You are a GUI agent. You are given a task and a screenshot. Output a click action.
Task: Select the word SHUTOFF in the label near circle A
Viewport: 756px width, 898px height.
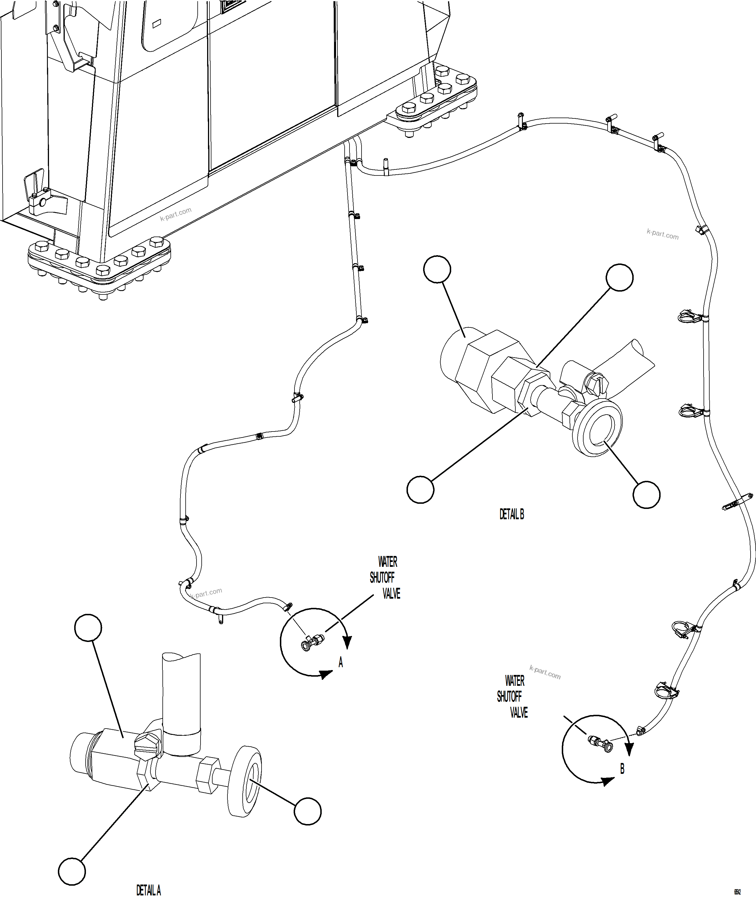pyautogui.click(x=382, y=578)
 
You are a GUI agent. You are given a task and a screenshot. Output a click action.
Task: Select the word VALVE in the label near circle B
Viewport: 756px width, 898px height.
pyautogui.click(x=519, y=713)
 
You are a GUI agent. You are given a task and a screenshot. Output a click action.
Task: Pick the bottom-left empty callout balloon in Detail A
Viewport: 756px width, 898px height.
pyautogui.click(x=72, y=871)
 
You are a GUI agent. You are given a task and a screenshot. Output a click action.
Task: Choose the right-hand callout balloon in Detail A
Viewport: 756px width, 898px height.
pyautogui.click(x=308, y=811)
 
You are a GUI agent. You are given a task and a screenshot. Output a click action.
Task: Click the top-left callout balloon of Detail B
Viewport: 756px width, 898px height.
pyautogui.click(x=437, y=269)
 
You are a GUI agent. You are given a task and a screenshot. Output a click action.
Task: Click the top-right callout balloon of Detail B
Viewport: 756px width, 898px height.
pyautogui.click(x=619, y=278)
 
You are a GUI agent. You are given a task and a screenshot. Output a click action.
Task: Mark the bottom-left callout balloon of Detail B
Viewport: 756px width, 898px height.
pyautogui.click(x=421, y=489)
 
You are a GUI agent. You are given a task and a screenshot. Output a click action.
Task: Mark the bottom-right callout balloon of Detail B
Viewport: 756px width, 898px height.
pyautogui.click(x=646, y=495)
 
